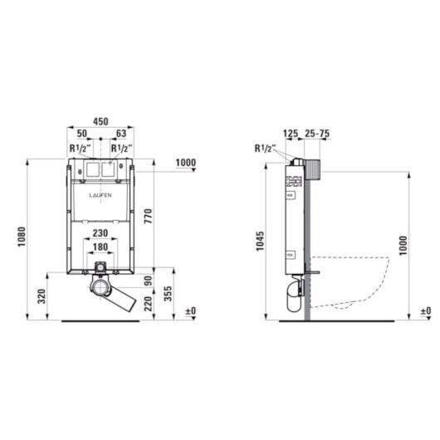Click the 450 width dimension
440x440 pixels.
tap(100, 121)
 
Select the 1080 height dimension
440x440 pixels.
tap(22, 237)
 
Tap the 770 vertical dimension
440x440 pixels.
tap(148, 216)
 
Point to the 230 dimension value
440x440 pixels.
tap(100, 233)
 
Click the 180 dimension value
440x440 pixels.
tap(100, 247)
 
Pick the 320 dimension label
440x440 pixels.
tap(42, 296)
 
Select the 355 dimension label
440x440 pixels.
tap(168, 294)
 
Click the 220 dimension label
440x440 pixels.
tap(148, 304)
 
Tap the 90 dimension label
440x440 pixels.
tap(148, 281)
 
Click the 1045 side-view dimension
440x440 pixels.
tap(260, 241)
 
